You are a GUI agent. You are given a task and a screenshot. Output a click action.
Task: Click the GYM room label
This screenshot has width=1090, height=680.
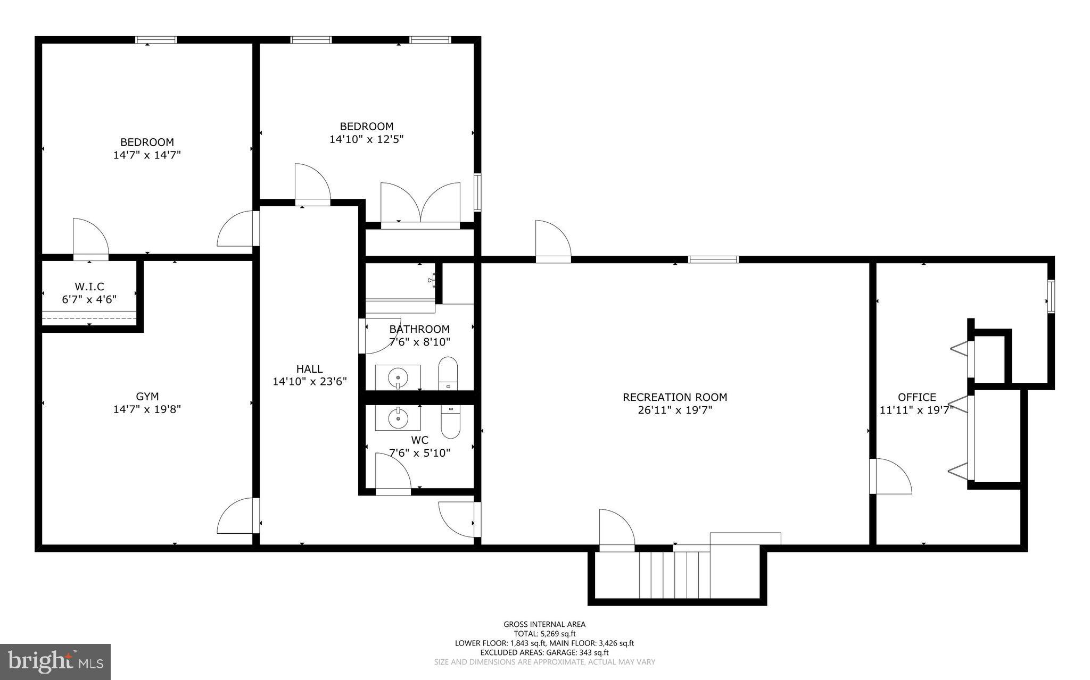147,397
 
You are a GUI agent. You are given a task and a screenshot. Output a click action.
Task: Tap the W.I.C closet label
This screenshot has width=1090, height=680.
89,287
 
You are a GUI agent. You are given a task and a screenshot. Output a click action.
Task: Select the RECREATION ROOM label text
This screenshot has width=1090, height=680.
675,397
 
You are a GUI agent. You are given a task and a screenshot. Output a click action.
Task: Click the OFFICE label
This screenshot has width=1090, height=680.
916,397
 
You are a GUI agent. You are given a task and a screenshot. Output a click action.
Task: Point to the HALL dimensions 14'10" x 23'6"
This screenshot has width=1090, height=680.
310,382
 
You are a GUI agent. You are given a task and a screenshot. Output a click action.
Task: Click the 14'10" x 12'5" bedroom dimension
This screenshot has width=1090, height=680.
367,139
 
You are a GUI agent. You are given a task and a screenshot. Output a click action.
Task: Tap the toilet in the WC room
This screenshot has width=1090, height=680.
450,421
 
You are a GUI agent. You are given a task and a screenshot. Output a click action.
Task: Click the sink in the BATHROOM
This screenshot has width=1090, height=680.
398,377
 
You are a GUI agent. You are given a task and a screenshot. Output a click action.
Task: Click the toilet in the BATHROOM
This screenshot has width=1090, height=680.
448,374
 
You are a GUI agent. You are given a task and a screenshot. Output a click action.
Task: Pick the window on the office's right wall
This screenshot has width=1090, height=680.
1051,297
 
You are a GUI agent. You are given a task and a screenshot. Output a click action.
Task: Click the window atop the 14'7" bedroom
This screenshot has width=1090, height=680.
156,40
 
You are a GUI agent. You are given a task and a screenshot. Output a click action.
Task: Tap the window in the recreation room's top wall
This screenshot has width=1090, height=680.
713,259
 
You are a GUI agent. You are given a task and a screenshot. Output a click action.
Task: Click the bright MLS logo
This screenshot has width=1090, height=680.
55,661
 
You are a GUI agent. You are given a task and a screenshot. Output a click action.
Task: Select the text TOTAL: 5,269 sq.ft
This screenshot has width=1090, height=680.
544,634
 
